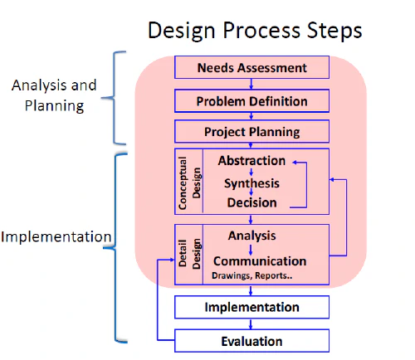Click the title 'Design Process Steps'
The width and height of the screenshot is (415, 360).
[x=255, y=30]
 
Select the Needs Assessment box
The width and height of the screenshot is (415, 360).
[x=251, y=67]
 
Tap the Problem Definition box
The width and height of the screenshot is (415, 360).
[x=251, y=101]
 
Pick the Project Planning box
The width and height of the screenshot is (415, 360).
[x=251, y=131]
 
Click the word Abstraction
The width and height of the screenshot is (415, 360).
[x=251, y=161]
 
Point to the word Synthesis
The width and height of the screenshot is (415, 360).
[x=251, y=182]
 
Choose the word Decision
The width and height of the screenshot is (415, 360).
[x=251, y=202]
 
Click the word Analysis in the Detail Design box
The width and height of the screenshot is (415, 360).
[x=251, y=236]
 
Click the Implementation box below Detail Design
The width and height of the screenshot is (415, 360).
[x=251, y=307]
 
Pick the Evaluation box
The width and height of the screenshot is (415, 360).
[x=251, y=340]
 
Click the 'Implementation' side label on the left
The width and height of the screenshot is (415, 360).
[x=56, y=237]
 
